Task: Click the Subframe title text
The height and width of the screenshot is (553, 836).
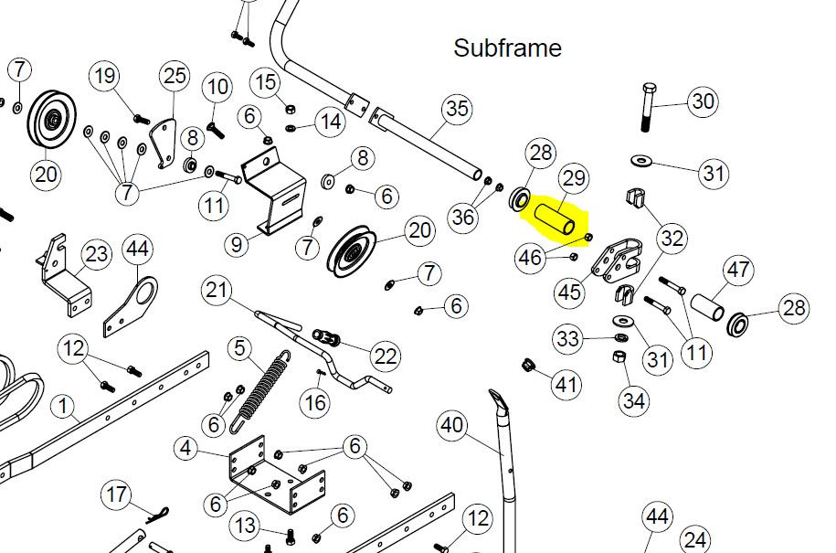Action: [x=507, y=48]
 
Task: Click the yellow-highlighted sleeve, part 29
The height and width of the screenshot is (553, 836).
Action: [x=554, y=219]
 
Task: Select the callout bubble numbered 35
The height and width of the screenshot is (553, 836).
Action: [x=457, y=109]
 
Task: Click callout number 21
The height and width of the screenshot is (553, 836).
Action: [x=217, y=291]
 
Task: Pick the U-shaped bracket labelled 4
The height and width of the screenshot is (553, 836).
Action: [x=277, y=474]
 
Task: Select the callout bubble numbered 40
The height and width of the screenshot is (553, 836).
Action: [x=452, y=426]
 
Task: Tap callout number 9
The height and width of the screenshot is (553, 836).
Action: [x=237, y=245]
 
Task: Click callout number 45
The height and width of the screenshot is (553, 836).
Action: [x=569, y=292]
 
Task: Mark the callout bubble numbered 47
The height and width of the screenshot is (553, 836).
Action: [x=738, y=270]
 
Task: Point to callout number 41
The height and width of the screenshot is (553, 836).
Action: [x=566, y=385]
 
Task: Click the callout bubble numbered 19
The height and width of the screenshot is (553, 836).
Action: [x=104, y=76]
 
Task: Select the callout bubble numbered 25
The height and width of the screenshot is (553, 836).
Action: [x=175, y=76]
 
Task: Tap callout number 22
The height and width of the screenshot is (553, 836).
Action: [x=386, y=356]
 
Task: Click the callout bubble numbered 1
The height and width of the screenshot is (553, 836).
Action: [x=63, y=407]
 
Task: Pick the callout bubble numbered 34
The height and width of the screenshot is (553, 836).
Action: [x=634, y=400]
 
